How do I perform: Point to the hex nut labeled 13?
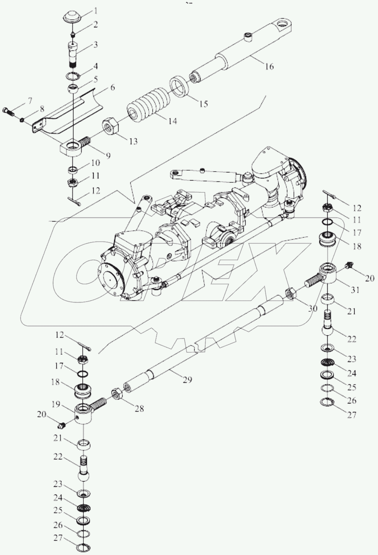111,126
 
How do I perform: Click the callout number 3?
95,45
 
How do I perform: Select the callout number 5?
96,79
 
